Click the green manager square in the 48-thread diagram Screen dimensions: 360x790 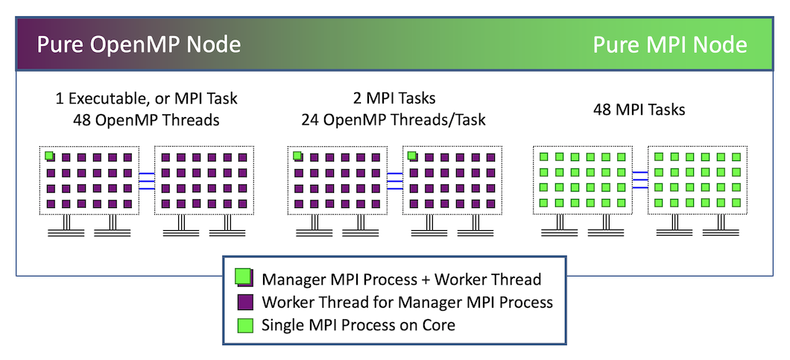pyautogui.click(x=49, y=157)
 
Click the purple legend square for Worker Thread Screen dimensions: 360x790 pyautogui.click(x=243, y=303)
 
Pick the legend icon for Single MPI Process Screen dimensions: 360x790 pyautogui.click(x=243, y=325)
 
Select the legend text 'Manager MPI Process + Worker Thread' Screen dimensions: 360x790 pyautogui.click(x=401, y=280)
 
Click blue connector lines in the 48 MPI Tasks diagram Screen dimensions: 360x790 pyautogui.click(x=640, y=180)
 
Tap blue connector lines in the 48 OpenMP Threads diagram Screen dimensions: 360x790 pyautogui.click(x=146, y=180)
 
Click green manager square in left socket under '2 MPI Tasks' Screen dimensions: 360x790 pyautogui.click(x=297, y=157)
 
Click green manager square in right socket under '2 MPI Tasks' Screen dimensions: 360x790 pyautogui.click(x=412, y=157)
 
